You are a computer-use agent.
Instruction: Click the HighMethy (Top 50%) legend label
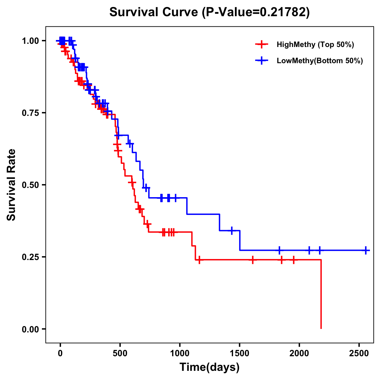(x=315, y=44)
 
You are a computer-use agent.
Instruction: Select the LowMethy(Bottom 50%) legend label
(x=320, y=61)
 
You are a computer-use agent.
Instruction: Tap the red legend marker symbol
(x=262, y=44)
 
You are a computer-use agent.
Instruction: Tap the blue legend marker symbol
(x=262, y=61)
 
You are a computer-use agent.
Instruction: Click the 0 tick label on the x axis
(x=60, y=353)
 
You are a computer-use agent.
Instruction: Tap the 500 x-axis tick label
(x=120, y=353)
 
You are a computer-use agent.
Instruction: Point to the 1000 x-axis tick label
(x=180, y=353)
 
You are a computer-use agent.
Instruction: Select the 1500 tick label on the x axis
(x=239, y=353)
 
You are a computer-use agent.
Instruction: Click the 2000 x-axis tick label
(x=299, y=353)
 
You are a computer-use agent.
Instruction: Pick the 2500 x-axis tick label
(x=359, y=353)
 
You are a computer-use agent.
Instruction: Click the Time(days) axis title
(x=210, y=367)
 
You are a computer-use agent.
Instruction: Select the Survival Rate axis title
(x=12, y=185)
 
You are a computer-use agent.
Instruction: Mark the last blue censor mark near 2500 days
(x=366, y=250)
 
